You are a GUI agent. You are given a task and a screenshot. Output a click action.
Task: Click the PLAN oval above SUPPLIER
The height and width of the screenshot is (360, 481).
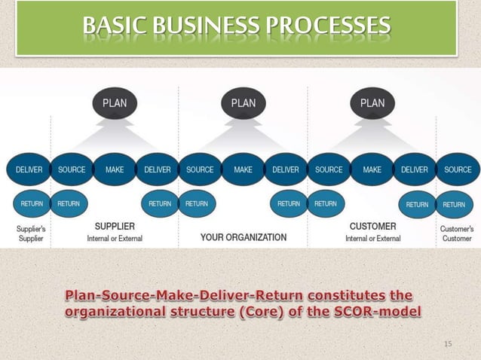(x=115, y=104)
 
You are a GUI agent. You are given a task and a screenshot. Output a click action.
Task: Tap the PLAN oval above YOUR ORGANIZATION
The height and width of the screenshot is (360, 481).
(x=243, y=104)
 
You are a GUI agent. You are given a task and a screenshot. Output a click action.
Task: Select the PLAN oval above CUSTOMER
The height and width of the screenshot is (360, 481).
(x=372, y=104)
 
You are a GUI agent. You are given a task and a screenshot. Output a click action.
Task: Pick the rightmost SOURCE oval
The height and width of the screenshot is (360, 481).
(x=458, y=170)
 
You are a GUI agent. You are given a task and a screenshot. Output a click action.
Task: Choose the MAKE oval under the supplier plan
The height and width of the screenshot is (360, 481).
(x=115, y=170)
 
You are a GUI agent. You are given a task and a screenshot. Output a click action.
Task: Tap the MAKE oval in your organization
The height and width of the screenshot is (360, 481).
(x=243, y=170)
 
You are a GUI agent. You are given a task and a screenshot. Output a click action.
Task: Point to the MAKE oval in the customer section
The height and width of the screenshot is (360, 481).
(x=372, y=170)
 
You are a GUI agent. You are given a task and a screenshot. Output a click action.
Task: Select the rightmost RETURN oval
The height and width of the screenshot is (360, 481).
(x=454, y=204)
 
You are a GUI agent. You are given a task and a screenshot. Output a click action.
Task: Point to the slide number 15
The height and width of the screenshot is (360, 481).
(x=448, y=343)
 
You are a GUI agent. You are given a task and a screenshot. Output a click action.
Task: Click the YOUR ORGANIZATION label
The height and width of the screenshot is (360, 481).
(x=243, y=237)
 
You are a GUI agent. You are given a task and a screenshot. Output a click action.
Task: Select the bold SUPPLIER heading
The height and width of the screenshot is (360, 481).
(x=115, y=225)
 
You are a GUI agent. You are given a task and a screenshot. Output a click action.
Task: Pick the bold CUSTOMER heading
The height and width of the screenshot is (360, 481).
(x=372, y=225)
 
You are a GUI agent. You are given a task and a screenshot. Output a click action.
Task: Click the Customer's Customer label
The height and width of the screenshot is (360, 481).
(x=458, y=232)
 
